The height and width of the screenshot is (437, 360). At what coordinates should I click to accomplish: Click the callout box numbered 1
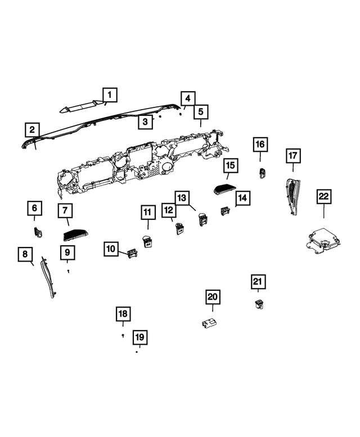coord(110,94)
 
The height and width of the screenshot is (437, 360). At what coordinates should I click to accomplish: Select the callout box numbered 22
coord(324,197)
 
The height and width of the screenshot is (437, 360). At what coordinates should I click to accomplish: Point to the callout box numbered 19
coord(139,337)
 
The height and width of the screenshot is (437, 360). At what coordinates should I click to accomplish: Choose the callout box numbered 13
coord(182,199)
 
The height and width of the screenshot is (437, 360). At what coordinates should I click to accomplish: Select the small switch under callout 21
coord(260,305)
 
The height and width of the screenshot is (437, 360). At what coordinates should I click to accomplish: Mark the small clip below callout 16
coord(262,173)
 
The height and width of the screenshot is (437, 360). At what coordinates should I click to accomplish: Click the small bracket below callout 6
coord(38,232)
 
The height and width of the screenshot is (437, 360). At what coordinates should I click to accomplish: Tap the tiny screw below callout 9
coord(68,271)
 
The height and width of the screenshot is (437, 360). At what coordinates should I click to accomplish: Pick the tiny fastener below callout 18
coord(123,335)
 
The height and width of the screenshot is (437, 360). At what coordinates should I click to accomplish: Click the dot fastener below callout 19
coord(137,353)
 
